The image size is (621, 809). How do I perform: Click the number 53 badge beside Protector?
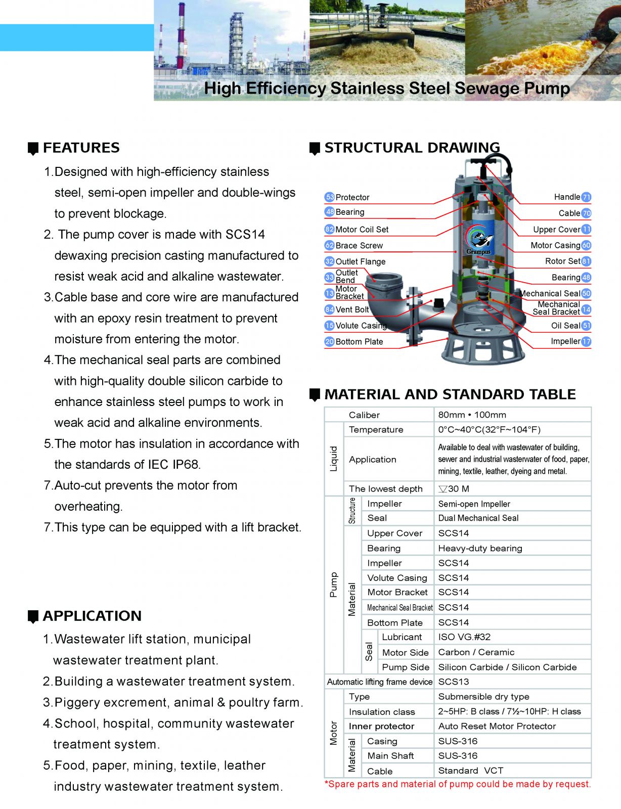pos(330,197)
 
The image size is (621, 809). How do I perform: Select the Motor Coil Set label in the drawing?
pos(362,230)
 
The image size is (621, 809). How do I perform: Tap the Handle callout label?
pos(567,197)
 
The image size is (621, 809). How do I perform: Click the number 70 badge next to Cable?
pos(586,213)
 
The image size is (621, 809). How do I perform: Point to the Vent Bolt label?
pos(352,309)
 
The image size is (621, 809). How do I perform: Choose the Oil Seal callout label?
pos(565,326)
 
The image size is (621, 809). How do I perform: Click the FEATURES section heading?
pos(81,148)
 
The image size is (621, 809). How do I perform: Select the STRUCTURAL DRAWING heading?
pos(412,148)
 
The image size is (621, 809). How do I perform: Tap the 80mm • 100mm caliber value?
pos(472,415)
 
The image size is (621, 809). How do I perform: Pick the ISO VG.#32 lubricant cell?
pos(464,637)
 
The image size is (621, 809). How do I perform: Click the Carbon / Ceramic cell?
pos(476,652)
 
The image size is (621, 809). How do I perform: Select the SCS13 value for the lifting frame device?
pos(454,682)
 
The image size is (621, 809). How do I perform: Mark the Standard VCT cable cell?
pos(471,771)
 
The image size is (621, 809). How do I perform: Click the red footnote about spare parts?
pos(457,784)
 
